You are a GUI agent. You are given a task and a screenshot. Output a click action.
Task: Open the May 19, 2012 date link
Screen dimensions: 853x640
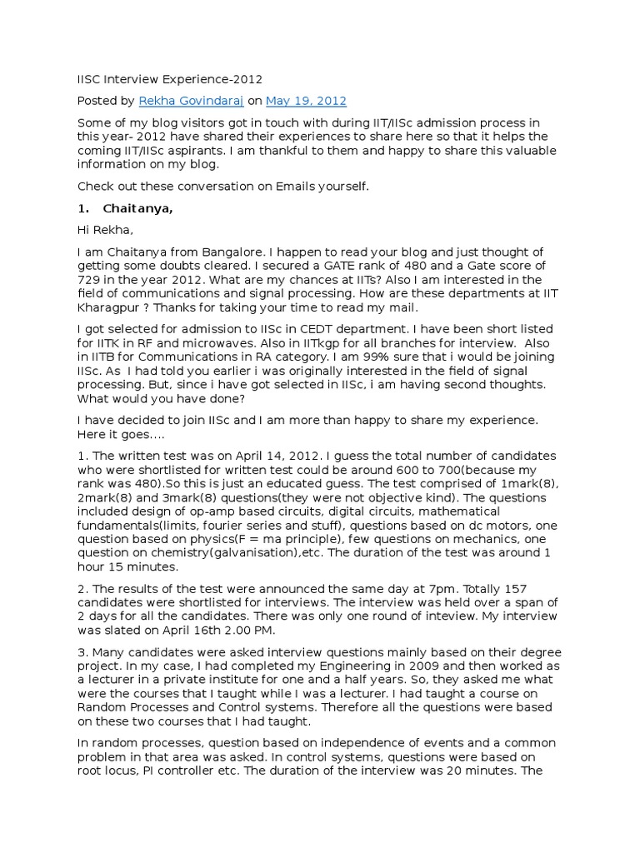coord(306,101)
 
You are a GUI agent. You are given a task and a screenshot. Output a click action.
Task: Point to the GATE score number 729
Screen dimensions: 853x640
coord(90,280)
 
